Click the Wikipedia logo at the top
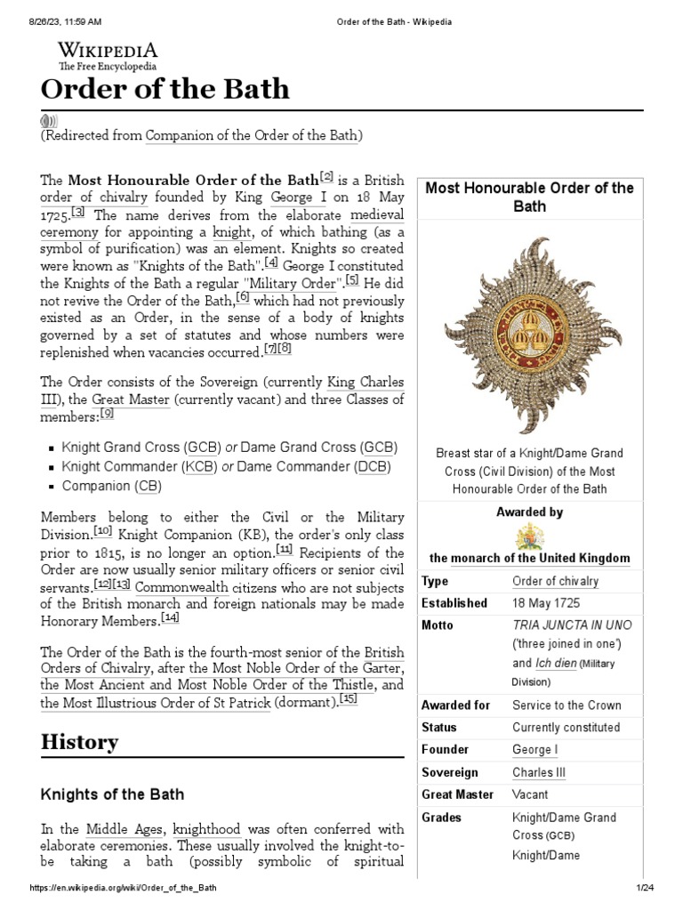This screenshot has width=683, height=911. [x=108, y=54]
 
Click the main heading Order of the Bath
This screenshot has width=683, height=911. [x=165, y=90]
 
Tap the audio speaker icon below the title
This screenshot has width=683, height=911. [x=49, y=121]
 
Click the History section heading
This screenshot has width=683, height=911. [x=79, y=741]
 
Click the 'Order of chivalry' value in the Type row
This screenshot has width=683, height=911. [x=555, y=581]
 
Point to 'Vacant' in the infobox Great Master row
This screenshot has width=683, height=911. [x=530, y=794]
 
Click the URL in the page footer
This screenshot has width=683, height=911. [x=123, y=889]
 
